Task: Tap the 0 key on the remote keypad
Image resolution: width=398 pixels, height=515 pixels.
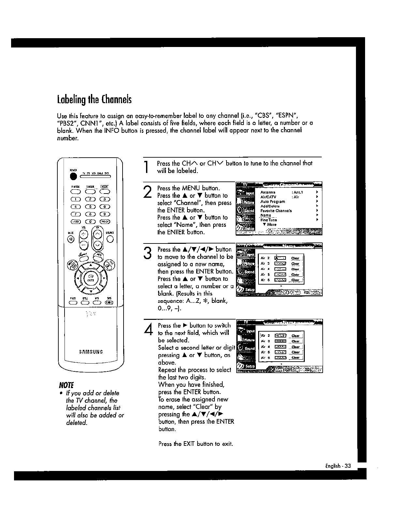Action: tap(90, 222)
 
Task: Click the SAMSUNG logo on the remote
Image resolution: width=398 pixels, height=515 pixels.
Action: tap(91, 352)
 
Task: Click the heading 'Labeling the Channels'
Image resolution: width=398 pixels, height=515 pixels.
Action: tap(94, 99)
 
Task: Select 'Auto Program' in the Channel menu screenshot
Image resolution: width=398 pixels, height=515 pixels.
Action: tap(273, 202)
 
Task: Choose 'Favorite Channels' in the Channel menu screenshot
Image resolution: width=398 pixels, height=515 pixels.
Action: tap(276, 211)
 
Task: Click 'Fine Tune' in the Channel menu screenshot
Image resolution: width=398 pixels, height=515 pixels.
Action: tap(268, 220)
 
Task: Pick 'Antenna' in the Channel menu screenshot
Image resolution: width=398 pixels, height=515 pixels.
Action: tap(268, 193)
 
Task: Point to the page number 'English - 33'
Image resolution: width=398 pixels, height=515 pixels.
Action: tap(337, 466)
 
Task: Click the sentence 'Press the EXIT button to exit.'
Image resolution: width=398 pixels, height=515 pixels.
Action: tap(196, 444)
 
